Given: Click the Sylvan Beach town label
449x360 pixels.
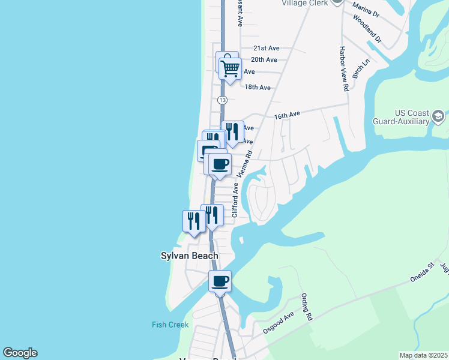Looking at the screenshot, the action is pyautogui.click(x=189, y=256).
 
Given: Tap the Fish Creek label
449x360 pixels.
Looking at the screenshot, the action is pyautogui.click(x=170, y=325).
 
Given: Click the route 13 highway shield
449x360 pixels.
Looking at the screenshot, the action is pyautogui.click(x=223, y=100).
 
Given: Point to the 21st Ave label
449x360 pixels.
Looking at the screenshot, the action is pyautogui.click(x=267, y=48).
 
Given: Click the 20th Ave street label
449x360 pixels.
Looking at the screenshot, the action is pyautogui.click(x=264, y=59).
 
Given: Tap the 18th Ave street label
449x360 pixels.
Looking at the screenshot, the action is pyautogui.click(x=258, y=87).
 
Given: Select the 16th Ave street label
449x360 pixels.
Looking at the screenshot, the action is pyautogui.click(x=286, y=114).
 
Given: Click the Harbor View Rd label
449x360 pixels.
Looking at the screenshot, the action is pyautogui.click(x=344, y=68).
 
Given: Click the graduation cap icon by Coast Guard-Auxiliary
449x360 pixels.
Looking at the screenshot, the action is pyautogui.click(x=439, y=116).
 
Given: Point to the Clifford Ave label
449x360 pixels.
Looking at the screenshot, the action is pyautogui.click(x=235, y=200).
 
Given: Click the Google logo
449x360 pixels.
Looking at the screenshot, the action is pyautogui.click(x=20, y=353).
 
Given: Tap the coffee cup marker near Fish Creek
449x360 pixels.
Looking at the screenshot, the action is pyautogui.click(x=220, y=281).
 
